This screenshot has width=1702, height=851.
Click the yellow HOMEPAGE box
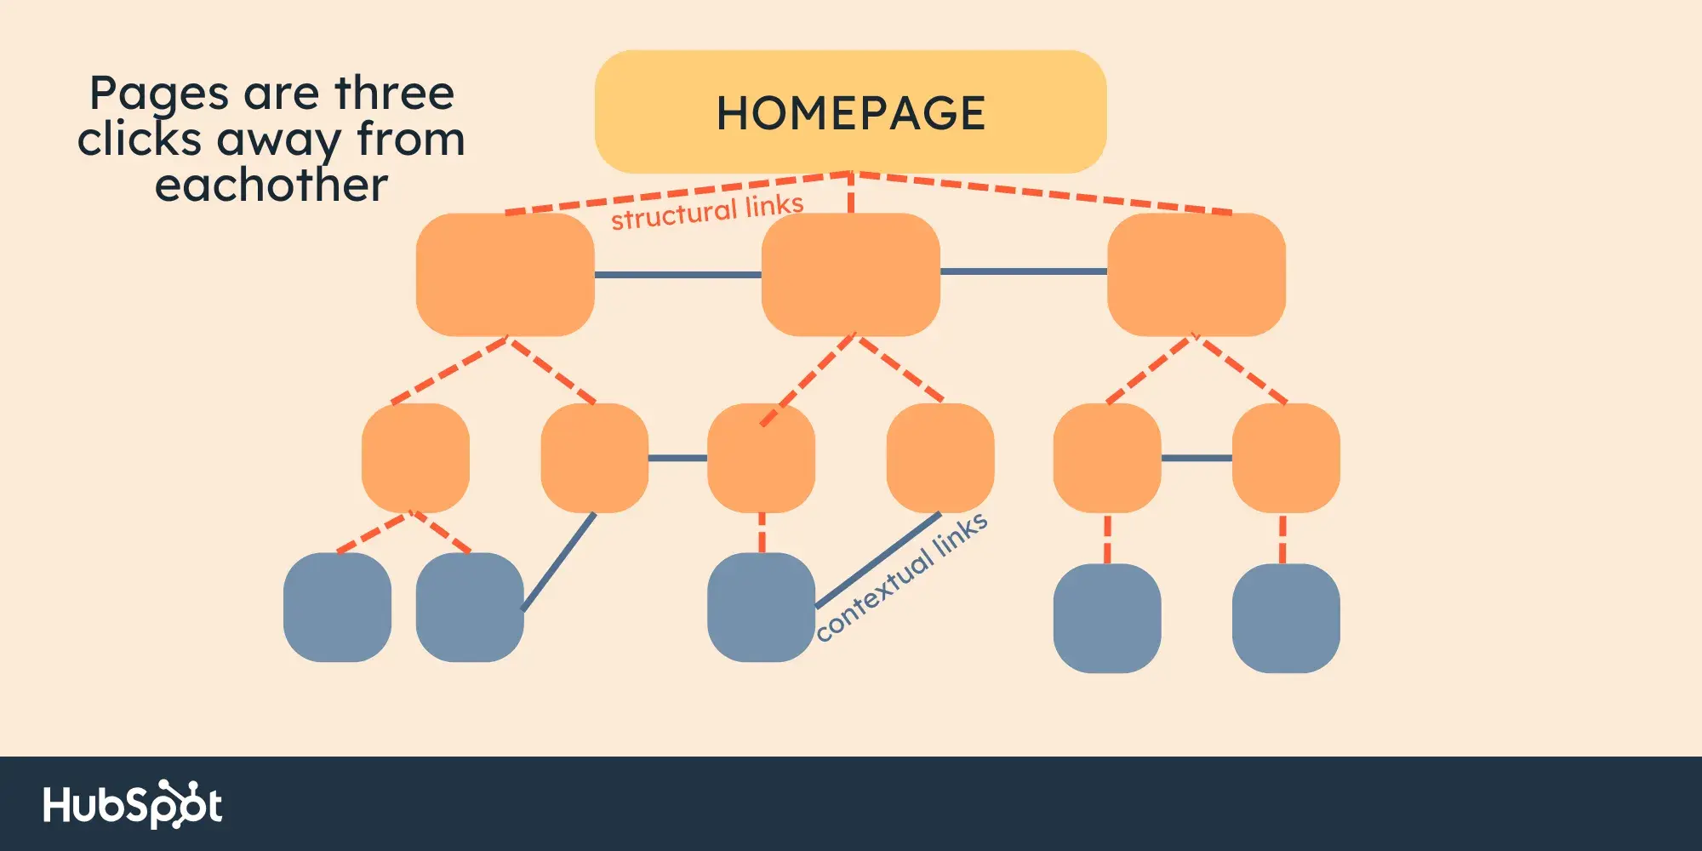[850, 111]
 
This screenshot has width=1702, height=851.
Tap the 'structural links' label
[707, 211]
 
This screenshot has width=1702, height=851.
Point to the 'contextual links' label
[902, 577]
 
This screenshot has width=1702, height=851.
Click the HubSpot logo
[133, 804]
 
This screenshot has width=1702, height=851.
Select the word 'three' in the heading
[395, 93]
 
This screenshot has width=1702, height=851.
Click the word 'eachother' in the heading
[271, 185]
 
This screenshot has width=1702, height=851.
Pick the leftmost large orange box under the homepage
[505, 274]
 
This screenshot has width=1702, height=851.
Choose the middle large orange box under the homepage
[850, 274]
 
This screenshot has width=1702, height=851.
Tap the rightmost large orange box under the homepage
[1196, 274]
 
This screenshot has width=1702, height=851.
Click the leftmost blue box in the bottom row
[337, 607]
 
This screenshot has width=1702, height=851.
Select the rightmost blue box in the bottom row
[1286, 618]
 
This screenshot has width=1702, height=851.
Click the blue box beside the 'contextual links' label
[761, 607]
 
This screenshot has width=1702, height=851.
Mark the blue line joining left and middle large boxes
[677, 275]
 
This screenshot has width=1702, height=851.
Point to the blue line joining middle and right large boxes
[1023, 271]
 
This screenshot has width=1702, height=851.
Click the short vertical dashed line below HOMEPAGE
[850, 194]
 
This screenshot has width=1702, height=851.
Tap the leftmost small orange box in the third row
[415, 458]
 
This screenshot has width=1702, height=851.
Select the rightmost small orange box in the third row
[1286, 458]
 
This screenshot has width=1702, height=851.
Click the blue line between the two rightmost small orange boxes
[1197, 458]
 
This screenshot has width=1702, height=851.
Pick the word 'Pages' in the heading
[159, 94]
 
